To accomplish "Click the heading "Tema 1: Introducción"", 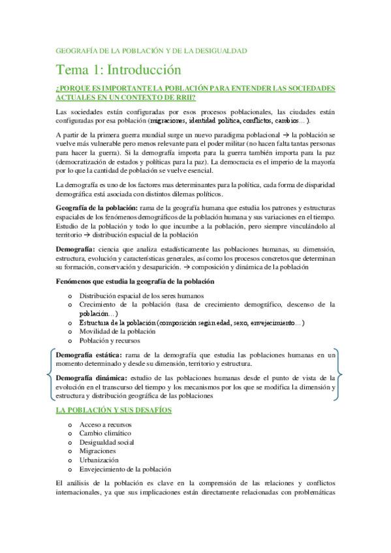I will tap(118, 69).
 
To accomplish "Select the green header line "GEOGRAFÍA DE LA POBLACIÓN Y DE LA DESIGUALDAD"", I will tap(151, 50).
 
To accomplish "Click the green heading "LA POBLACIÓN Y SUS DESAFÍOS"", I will tap(114, 410).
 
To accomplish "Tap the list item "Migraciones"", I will tap(97, 451).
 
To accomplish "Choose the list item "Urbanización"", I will tap(100, 459).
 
